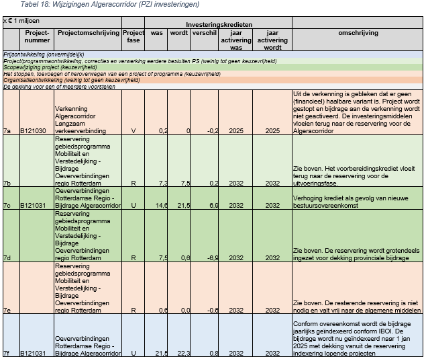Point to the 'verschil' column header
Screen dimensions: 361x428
(204, 32)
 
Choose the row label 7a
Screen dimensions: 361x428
(7, 130)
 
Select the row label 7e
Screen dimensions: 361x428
(7, 311)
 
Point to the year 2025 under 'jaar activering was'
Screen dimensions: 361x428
(235, 130)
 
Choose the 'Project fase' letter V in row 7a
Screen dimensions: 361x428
(133, 130)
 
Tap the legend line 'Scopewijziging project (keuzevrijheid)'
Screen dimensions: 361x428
(48, 67)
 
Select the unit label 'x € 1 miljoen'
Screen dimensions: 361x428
(21, 21)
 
